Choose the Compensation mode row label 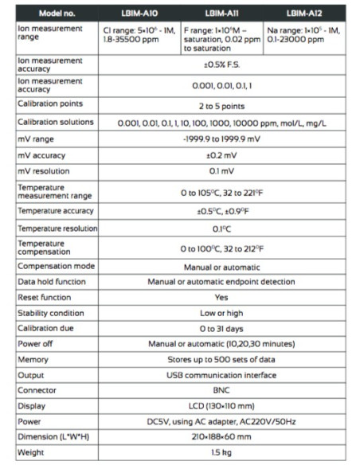51,267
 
